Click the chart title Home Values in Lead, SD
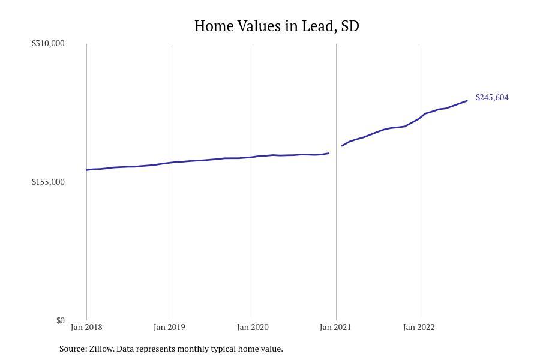tap(277, 26)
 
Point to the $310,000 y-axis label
tap(48, 43)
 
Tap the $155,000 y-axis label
tap(48, 182)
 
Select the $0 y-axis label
tap(60, 321)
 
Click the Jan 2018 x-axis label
tap(86, 327)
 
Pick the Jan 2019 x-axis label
tap(169, 327)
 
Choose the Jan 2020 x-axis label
tap(253, 327)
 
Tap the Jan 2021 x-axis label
tap(335, 327)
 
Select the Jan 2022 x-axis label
tap(419, 327)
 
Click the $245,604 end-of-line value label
tap(492, 97)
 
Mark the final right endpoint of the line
tap(467, 101)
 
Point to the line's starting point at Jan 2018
tap(86, 170)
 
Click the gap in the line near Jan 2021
tap(335, 149)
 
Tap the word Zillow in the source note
tap(101, 349)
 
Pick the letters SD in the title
tap(350, 26)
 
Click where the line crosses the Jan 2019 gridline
tap(170, 163)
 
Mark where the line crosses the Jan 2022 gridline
tap(419, 119)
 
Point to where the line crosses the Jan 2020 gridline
tap(253, 157)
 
